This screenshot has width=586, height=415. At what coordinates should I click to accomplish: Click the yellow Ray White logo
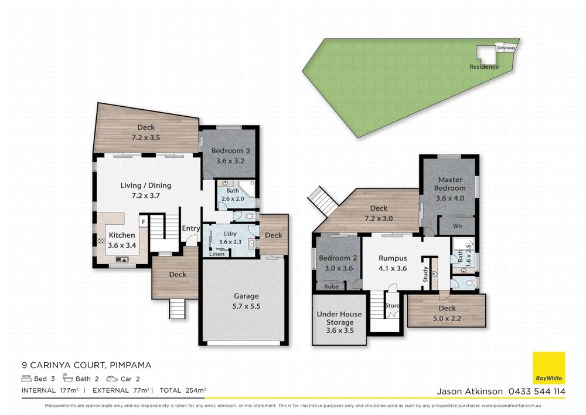pos(548,368)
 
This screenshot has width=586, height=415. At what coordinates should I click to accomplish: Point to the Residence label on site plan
pos(484,67)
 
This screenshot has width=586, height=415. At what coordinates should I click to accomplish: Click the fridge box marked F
pos(142,221)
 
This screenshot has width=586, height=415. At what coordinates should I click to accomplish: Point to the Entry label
pos(190,229)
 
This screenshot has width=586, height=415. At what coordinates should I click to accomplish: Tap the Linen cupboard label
pos(216,254)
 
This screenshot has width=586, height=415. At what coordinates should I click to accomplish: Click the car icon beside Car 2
pos(112,379)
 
